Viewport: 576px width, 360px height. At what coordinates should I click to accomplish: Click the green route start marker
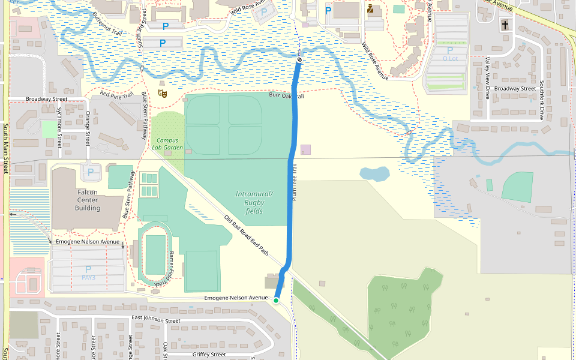tap(276, 300)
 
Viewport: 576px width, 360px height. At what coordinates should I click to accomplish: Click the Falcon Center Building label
tap(88, 200)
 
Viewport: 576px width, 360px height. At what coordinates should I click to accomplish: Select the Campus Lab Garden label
tap(167, 143)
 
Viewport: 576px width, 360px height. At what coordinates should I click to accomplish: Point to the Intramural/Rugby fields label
tap(254, 202)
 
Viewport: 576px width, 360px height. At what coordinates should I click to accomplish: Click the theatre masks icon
tap(161, 93)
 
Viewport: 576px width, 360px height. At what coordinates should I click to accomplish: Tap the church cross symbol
tap(505, 25)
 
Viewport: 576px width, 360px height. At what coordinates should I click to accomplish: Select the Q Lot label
tap(449, 59)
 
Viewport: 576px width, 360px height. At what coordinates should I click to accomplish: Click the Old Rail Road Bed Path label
tap(247, 235)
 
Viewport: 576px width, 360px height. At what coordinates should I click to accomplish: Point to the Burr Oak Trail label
tap(287, 95)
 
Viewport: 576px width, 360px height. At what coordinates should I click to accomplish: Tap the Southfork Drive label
tap(541, 100)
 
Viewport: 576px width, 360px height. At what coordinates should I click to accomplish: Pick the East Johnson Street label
tap(155, 320)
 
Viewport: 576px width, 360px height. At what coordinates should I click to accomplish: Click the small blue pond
tap(374, 174)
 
